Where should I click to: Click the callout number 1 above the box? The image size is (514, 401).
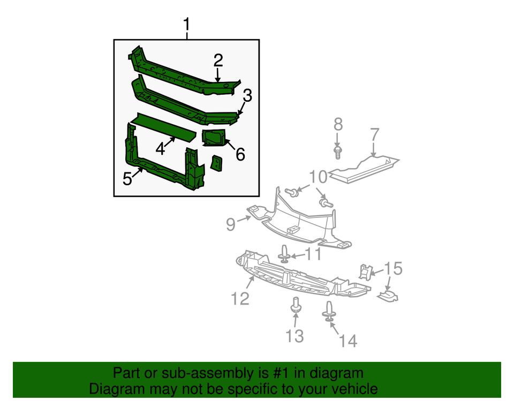(x=187, y=25)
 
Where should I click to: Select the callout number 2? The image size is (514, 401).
(x=218, y=59)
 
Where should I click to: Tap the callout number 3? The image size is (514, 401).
(x=247, y=96)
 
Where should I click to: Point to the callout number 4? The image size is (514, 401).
(x=161, y=148)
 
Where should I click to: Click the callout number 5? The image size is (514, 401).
(x=127, y=178)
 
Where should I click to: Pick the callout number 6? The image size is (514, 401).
(x=240, y=154)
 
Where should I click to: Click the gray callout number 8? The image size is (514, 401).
(x=337, y=125)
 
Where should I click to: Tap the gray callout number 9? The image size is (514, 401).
(x=231, y=224)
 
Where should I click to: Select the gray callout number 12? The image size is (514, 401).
(x=240, y=298)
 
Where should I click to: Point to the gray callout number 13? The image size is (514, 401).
(x=294, y=336)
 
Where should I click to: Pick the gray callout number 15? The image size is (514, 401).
(x=393, y=268)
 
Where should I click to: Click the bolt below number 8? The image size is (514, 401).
(x=338, y=153)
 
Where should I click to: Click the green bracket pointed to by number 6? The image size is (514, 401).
(x=214, y=138)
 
